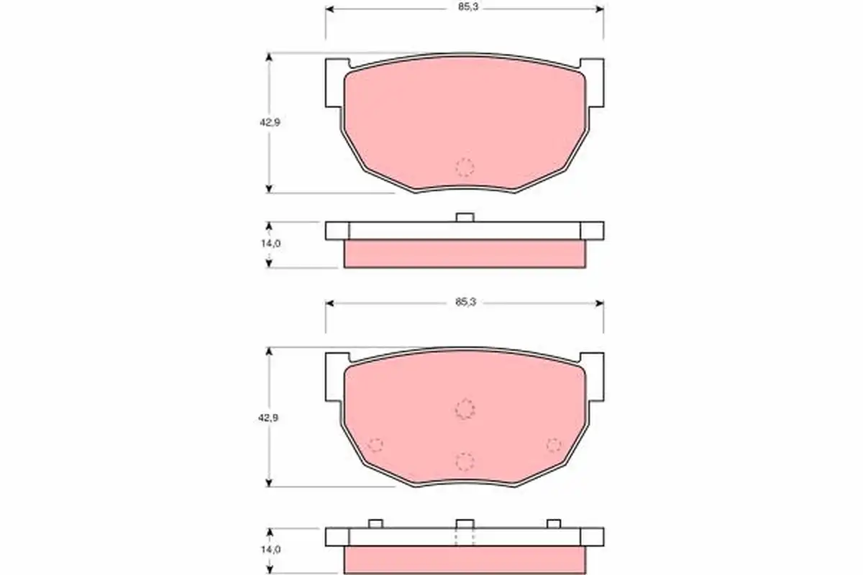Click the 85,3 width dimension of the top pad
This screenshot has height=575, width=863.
point(468,7)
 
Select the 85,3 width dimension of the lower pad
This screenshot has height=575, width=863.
point(466,303)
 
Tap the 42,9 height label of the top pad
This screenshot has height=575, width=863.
point(270,122)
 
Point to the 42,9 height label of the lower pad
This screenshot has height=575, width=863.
point(268,418)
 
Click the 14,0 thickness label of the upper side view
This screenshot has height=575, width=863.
point(271,244)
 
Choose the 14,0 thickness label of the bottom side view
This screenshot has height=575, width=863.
point(271,550)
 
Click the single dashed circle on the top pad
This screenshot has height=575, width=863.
point(465,167)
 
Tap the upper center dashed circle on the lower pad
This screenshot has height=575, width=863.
point(465,409)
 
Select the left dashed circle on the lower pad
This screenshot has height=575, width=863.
point(375,445)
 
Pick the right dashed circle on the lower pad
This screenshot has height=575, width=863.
point(554,445)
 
